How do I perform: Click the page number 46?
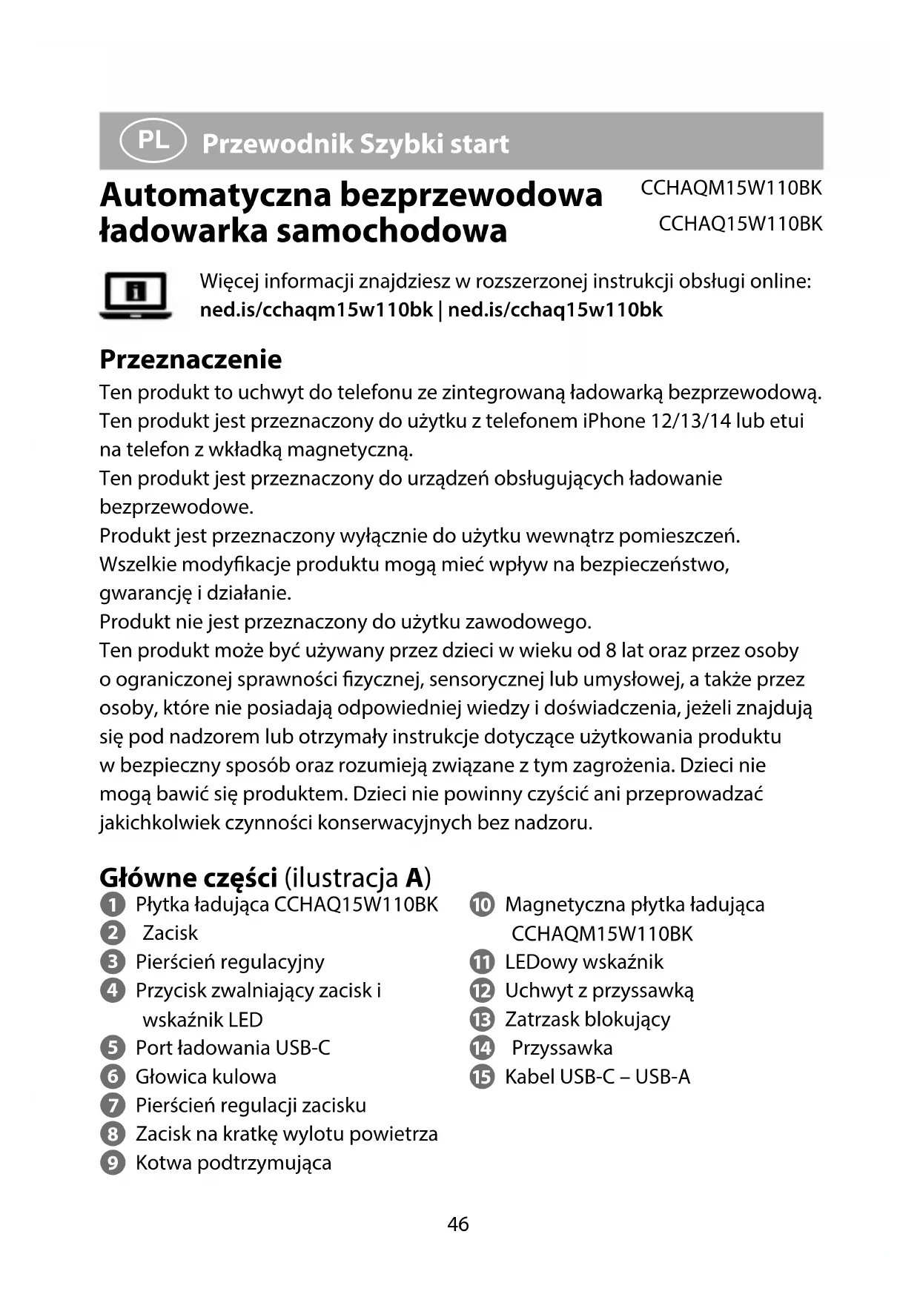coord(458,1224)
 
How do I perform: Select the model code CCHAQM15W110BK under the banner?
coord(731,188)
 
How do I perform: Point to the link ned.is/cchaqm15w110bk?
coord(316,310)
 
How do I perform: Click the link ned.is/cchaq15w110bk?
coord(555,310)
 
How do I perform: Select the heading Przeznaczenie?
coord(191,359)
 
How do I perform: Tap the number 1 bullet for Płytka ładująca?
coord(112,905)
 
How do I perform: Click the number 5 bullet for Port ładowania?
coord(112,1048)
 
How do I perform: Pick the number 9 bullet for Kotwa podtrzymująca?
coord(112,1163)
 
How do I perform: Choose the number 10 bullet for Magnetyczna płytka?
coord(482,905)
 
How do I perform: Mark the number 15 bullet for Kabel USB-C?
coord(482,1077)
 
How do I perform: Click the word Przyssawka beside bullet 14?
coord(562,1048)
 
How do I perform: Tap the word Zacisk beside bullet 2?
coord(171,933)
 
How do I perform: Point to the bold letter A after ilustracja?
coord(414,878)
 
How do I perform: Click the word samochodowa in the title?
coord(391,231)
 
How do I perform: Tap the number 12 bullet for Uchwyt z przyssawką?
coord(482,991)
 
